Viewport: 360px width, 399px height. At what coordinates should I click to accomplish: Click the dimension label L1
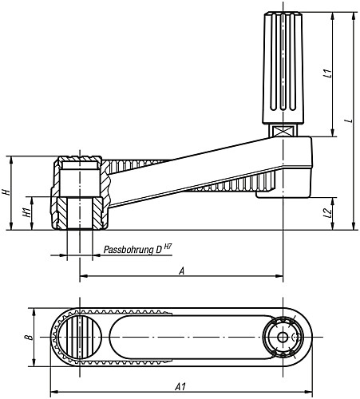328,75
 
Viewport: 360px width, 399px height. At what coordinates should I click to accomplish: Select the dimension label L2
328,213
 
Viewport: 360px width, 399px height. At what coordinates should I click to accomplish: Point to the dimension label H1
26,213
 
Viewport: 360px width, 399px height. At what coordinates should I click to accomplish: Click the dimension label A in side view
181,271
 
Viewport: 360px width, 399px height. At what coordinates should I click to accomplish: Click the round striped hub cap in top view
79,338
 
